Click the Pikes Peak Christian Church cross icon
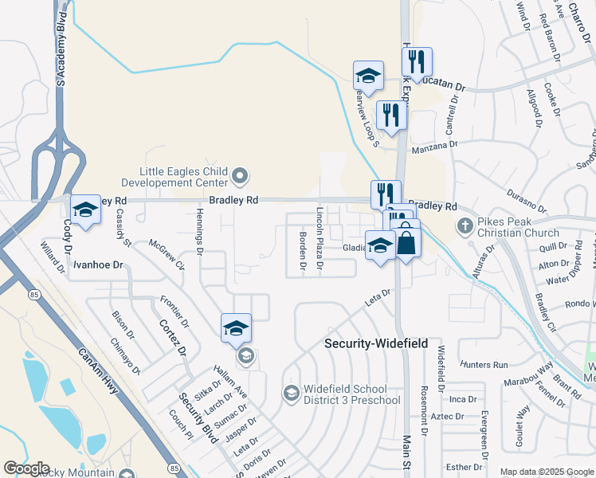[466, 225]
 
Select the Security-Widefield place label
[376, 343]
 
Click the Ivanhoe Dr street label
[99, 264]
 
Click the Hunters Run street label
[484, 365]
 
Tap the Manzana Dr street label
[434, 147]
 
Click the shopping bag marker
[406, 242]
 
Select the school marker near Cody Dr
[84, 210]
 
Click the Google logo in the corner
[26, 468]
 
